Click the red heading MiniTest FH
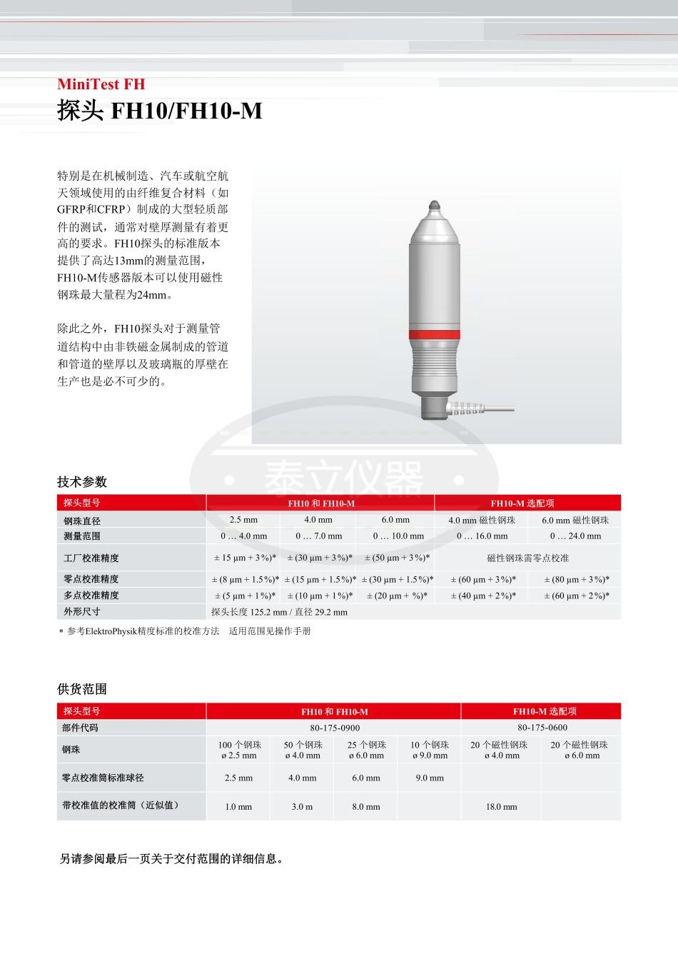point(101,84)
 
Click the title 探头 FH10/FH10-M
point(159,111)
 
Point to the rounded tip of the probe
point(435,206)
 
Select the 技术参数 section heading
point(82,482)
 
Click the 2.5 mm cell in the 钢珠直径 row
point(243,520)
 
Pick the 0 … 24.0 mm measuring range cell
point(575,536)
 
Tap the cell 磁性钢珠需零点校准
point(527,558)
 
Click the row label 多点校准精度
point(91,595)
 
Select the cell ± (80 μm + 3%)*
point(577,579)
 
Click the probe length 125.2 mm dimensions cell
point(279,612)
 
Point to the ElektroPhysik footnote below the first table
point(188,631)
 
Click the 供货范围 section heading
point(82,689)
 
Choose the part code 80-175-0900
point(335,728)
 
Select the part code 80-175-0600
point(542,728)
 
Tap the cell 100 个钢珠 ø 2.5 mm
point(239,750)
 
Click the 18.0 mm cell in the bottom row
point(501,807)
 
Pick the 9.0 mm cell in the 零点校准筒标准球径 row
point(430,778)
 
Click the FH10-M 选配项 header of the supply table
point(545,711)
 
